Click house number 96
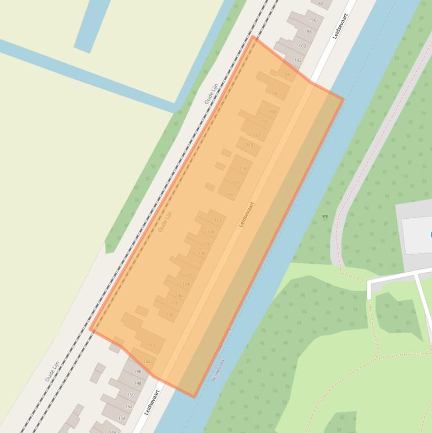click(x=313, y=20)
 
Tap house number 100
click(x=302, y=46)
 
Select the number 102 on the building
click(x=298, y=60)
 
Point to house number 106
click(x=274, y=93)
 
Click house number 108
click(x=272, y=112)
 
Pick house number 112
click(x=257, y=136)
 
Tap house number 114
click(x=250, y=145)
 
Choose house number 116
click(x=243, y=169)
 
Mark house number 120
click(x=229, y=195)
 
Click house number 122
click(x=217, y=220)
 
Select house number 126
click(x=206, y=244)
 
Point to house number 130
click(x=197, y=263)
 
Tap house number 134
click(x=185, y=284)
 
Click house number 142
click(x=151, y=345)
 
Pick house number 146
click(x=138, y=372)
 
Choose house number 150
click(x=131, y=395)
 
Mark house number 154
click(x=122, y=418)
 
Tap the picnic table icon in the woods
click(x=325, y=217)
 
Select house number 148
click(x=138, y=383)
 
